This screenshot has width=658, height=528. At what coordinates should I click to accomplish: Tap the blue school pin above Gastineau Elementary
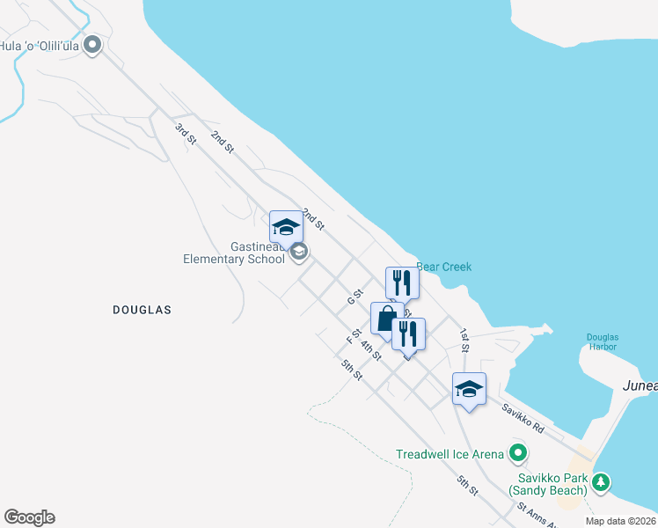tap(286, 228)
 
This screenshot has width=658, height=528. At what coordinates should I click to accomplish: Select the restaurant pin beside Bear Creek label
tap(402, 282)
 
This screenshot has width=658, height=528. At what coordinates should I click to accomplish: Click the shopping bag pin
tap(387, 319)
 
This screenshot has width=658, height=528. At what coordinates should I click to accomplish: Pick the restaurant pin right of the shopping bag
tap(408, 334)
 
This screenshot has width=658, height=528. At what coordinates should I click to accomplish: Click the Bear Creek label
tap(443, 267)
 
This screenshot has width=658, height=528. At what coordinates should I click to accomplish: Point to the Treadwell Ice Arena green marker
tap(519, 454)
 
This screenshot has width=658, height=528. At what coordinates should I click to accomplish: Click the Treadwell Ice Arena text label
tap(450, 454)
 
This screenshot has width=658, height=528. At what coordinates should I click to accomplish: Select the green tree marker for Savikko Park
tap(600, 481)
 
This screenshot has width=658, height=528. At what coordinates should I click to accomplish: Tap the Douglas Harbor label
tap(603, 341)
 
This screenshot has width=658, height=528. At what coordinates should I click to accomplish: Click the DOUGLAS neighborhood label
tap(142, 310)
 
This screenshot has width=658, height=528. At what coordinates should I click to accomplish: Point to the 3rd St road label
tap(184, 135)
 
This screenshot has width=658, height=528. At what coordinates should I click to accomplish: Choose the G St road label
tap(355, 296)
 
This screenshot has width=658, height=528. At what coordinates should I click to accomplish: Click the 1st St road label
tap(464, 340)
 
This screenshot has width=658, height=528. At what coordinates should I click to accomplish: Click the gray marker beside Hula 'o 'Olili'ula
tap(93, 47)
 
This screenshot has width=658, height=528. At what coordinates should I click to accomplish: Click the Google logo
tap(29, 517)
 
